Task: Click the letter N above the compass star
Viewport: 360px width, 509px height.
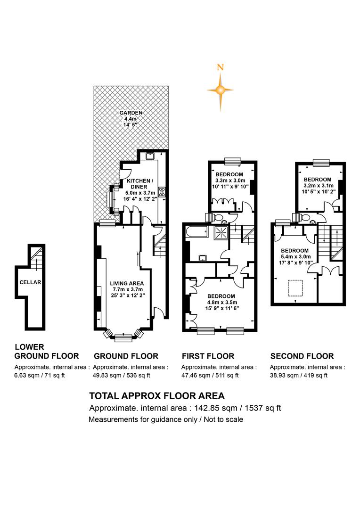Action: click(221, 67)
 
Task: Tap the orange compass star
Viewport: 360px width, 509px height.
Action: click(221, 90)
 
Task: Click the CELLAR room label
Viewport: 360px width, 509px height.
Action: click(31, 282)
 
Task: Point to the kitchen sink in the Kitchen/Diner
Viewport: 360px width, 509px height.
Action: click(150, 156)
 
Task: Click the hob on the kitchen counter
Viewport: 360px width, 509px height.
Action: click(162, 191)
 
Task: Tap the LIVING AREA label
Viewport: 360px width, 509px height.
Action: click(127, 283)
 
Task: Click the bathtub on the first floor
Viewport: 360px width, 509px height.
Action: click(196, 232)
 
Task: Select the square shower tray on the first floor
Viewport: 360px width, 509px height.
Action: click(221, 232)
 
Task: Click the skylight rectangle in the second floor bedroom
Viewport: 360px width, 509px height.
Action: click(296, 288)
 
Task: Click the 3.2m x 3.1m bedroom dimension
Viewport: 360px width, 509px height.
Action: click(318, 186)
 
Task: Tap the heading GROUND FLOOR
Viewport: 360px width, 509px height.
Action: click(126, 356)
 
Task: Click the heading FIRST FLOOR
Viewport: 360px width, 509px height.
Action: click(208, 356)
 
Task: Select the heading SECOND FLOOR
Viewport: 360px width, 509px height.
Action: click(302, 356)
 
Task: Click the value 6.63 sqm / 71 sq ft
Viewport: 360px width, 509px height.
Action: click(40, 376)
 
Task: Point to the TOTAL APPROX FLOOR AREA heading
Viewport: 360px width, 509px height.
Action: click(157, 396)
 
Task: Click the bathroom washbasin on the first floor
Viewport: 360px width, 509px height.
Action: click(204, 258)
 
